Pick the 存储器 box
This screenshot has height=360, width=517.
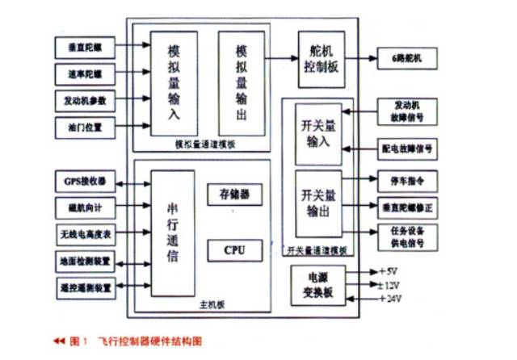point(235,194)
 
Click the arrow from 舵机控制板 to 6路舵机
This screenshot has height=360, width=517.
point(361,58)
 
